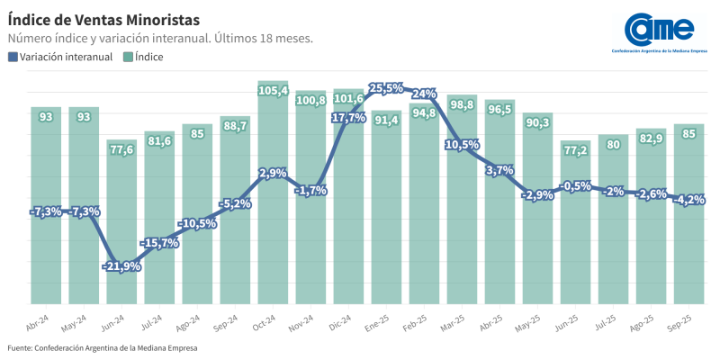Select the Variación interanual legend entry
click(60, 57)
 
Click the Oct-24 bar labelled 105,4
click(273, 198)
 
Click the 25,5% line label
click(386, 87)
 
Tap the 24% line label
click(424, 93)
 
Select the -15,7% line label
click(159, 243)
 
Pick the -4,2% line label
click(688, 200)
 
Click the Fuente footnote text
click(102, 347)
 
